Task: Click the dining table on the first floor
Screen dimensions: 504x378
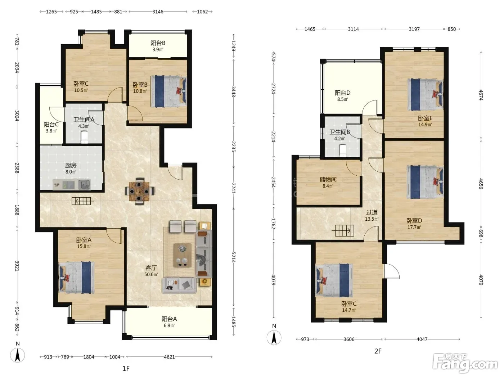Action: click(139, 191)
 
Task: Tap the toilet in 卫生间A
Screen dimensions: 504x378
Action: click(84, 137)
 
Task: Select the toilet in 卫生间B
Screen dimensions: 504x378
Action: click(342, 150)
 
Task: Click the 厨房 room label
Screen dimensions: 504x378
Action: click(71, 165)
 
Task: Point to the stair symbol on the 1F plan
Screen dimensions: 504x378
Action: click(83, 201)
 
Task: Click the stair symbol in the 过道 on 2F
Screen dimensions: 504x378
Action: click(344, 230)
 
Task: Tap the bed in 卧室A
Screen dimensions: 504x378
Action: click(77, 277)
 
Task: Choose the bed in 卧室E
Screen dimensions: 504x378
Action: click(425, 95)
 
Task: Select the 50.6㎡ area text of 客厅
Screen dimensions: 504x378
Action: click(151, 274)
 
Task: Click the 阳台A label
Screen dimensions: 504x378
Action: click(169, 319)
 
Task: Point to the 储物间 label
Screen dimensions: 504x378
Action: click(328, 180)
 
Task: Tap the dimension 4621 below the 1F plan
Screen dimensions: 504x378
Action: click(169, 357)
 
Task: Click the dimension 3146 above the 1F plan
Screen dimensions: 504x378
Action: click(158, 12)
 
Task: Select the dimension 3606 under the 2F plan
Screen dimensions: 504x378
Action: click(349, 339)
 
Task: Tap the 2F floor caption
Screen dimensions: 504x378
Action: click(378, 351)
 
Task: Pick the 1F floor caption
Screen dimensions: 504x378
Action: click(126, 369)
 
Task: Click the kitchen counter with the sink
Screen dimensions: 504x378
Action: click(71, 185)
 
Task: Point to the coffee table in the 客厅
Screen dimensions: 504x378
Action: click(183, 256)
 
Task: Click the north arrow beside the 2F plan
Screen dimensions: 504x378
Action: click(274, 337)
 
